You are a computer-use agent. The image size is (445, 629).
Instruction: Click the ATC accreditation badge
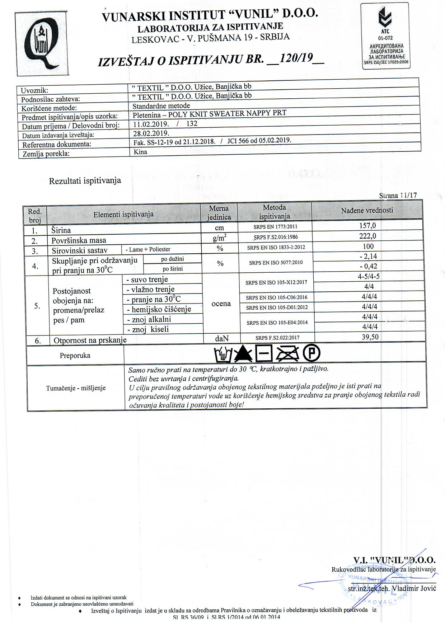pos(385,36)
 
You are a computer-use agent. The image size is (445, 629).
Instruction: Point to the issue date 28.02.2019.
pos(146,133)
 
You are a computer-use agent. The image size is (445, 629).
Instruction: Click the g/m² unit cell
pos(219,238)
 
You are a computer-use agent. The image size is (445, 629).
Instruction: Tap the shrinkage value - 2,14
pos(368,256)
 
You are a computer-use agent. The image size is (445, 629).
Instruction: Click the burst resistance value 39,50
pos(370,337)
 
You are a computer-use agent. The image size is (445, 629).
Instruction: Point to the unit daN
pos(222,338)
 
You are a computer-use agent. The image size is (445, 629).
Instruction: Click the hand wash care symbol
pos(223,355)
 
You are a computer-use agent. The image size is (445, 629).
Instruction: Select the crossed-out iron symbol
pos(288,354)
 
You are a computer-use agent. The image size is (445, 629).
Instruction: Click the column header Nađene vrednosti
pos(367,211)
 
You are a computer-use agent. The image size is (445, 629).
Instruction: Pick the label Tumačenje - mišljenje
pos(76,388)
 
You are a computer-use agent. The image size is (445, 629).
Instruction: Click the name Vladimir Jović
pos(413,588)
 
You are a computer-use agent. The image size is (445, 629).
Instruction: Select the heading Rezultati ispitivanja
pos(85,181)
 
